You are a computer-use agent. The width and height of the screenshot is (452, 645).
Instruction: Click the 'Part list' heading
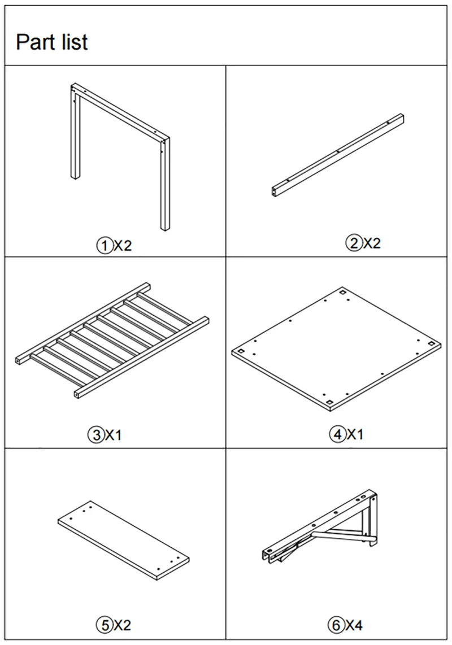coord(52,42)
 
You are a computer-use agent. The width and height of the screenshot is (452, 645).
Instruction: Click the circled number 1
coord(104,246)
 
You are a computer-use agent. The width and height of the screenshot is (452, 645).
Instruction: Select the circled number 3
coord(96,434)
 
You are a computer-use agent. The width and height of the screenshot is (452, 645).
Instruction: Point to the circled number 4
coord(337,434)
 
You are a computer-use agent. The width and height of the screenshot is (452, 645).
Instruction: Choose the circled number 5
coord(104,625)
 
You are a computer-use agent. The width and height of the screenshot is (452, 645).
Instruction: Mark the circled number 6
coord(336,625)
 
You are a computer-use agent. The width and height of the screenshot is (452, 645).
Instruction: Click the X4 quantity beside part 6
coord(354,626)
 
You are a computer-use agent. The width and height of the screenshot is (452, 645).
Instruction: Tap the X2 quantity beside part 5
coord(122,626)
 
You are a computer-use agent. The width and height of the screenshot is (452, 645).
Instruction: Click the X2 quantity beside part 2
coord(372,243)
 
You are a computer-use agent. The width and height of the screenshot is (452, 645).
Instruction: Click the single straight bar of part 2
coord(337,155)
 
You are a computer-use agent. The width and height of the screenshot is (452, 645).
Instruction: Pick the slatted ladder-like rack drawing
coord(112,341)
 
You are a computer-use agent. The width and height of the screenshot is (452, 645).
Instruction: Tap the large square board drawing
coord(336,349)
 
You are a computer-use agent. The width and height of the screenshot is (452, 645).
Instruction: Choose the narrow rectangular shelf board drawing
coord(124,540)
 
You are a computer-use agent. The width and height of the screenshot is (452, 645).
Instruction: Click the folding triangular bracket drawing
coord(320,526)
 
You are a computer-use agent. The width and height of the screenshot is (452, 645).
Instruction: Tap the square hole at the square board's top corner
coord(342,293)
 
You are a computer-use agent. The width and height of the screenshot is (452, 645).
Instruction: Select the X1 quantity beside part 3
coord(114,435)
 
